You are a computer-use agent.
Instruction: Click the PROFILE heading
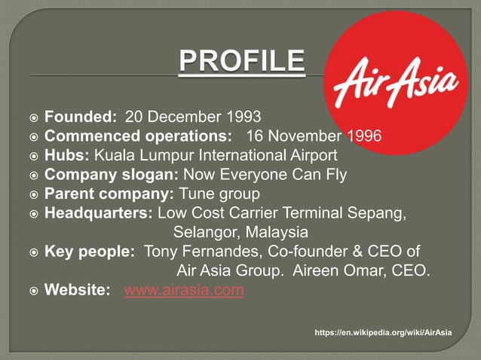tap(241, 62)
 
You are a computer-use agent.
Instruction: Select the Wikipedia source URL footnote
tap(384, 332)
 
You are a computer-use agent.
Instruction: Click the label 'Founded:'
tap(81, 117)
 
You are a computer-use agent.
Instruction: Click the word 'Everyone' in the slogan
tap(253, 175)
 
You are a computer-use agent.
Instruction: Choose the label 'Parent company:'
tap(109, 194)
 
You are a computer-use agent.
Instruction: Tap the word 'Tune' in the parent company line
tap(195, 194)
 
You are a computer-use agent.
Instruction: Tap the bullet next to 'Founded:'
tap(33, 117)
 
